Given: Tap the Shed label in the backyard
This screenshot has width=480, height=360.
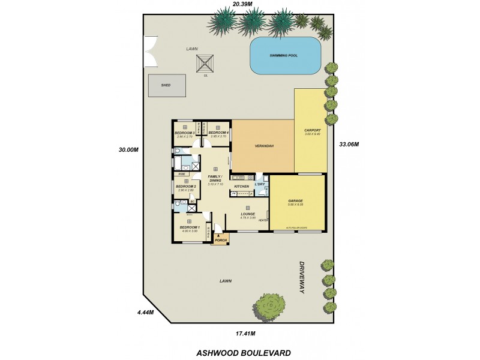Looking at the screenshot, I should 166,85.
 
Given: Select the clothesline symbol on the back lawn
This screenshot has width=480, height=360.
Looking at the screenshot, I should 206,63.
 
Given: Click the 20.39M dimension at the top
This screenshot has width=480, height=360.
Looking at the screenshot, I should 226,4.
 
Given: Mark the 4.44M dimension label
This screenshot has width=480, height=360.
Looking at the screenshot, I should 145,313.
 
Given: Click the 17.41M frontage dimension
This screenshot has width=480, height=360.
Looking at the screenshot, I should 245,333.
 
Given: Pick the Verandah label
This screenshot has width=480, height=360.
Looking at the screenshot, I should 263,146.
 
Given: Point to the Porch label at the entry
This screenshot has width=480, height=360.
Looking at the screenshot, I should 220,239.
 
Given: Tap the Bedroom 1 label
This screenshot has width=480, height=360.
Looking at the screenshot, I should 189,227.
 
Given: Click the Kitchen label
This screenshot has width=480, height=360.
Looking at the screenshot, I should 241,187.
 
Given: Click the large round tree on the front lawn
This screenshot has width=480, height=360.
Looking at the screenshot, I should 267,308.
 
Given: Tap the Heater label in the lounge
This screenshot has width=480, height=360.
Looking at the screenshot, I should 262,220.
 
